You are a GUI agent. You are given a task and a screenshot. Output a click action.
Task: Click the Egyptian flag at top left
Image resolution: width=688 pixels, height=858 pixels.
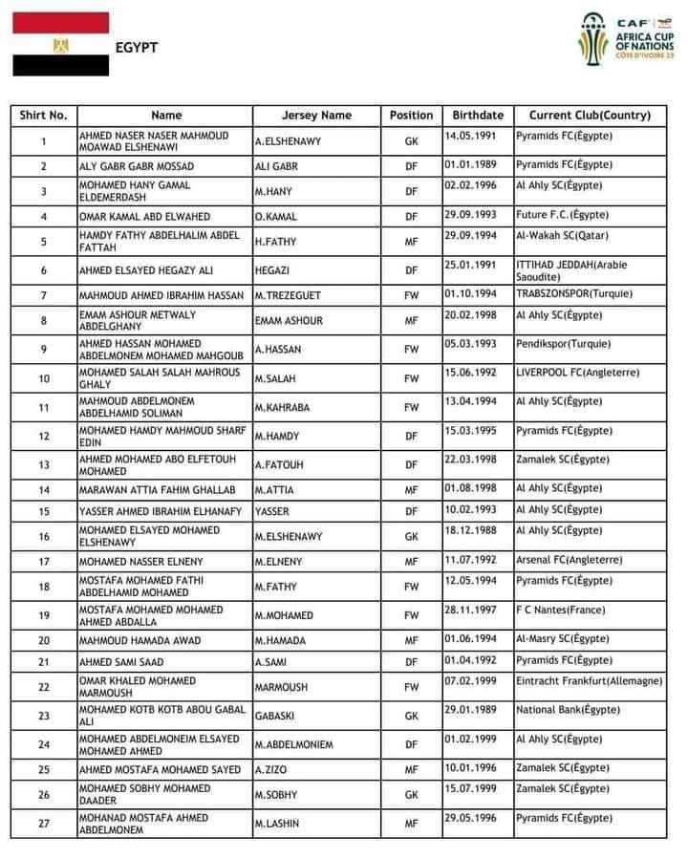[60, 44]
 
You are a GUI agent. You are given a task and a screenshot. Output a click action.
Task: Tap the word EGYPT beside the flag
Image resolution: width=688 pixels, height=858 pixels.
[137, 48]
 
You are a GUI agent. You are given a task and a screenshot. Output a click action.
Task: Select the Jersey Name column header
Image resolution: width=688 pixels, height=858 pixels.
[316, 116]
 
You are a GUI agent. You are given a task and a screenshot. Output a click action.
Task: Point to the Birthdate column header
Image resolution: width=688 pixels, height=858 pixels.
[477, 116]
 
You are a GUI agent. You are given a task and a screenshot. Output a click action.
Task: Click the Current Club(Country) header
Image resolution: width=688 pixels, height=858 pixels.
[590, 116]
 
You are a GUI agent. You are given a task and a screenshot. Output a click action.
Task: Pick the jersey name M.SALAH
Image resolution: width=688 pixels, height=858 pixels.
[277, 378]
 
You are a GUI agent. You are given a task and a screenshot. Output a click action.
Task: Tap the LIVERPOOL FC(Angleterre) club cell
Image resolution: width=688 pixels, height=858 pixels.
[568, 373]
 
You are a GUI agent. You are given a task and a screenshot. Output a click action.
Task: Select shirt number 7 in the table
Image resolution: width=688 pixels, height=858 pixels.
[43, 296]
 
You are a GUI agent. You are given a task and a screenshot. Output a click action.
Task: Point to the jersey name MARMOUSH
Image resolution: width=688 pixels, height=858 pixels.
[282, 687]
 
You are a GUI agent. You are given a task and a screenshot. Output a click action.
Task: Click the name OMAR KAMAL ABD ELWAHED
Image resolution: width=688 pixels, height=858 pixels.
[144, 217]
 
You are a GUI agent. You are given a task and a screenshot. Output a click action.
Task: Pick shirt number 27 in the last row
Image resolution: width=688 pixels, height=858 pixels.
[43, 823]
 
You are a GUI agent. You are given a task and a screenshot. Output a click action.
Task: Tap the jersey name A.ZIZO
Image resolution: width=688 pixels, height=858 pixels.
[272, 769]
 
